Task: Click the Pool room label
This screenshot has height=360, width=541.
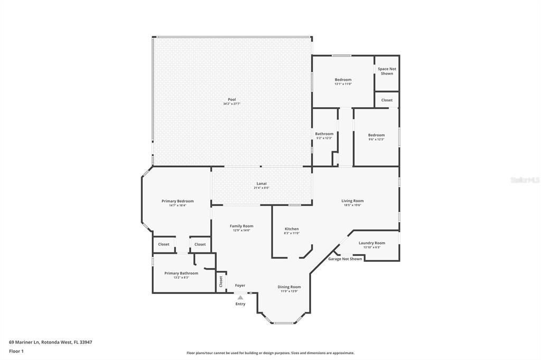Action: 232,100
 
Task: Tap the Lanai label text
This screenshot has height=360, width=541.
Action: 262,184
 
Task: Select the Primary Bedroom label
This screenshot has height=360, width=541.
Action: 178,201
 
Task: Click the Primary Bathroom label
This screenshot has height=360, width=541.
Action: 181,273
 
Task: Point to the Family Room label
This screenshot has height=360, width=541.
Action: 241,226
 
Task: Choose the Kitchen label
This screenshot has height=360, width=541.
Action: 292,229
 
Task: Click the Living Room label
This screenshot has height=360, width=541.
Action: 352,201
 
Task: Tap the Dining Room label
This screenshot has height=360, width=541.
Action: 289,287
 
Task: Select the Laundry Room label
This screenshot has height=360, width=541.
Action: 372,243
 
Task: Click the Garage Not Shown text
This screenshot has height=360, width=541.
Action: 345,259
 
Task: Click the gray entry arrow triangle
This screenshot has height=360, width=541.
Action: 240,298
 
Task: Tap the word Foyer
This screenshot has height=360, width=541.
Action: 240,286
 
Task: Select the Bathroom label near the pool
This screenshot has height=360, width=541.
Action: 324,134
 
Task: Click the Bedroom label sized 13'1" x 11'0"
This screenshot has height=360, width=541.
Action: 343,80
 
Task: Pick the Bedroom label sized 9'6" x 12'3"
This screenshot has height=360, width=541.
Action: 376,135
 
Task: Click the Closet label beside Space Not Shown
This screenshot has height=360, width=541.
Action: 387,100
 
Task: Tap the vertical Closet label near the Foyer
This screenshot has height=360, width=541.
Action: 221,281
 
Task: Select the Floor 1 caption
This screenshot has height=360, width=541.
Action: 16,350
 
